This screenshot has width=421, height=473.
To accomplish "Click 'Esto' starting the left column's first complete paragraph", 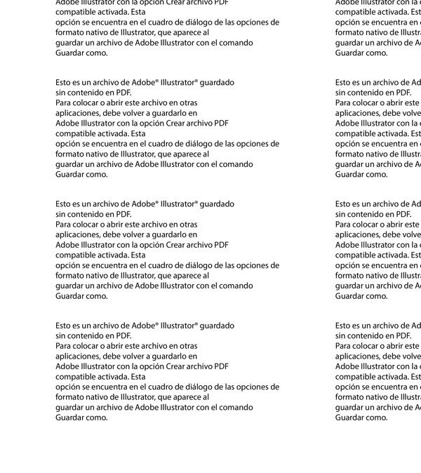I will pyautogui.click(x=63, y=82).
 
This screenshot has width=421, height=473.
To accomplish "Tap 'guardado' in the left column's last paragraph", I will pyautogui.click(x=217, y=326).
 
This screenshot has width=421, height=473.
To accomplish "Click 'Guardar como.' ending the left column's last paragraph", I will pyautogui.click(x=81, y=417).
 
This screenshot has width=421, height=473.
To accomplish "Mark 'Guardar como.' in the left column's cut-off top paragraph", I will pyautogui.click(x=81, y=53).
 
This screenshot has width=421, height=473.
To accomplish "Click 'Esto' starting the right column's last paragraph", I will pyautogui.click(x=343, y=326).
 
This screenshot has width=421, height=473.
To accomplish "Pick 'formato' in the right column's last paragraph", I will pyautogui.click(x=349, y=397).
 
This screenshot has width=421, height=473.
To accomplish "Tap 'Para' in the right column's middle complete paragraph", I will pyautogui.click(x=343, y=224).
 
